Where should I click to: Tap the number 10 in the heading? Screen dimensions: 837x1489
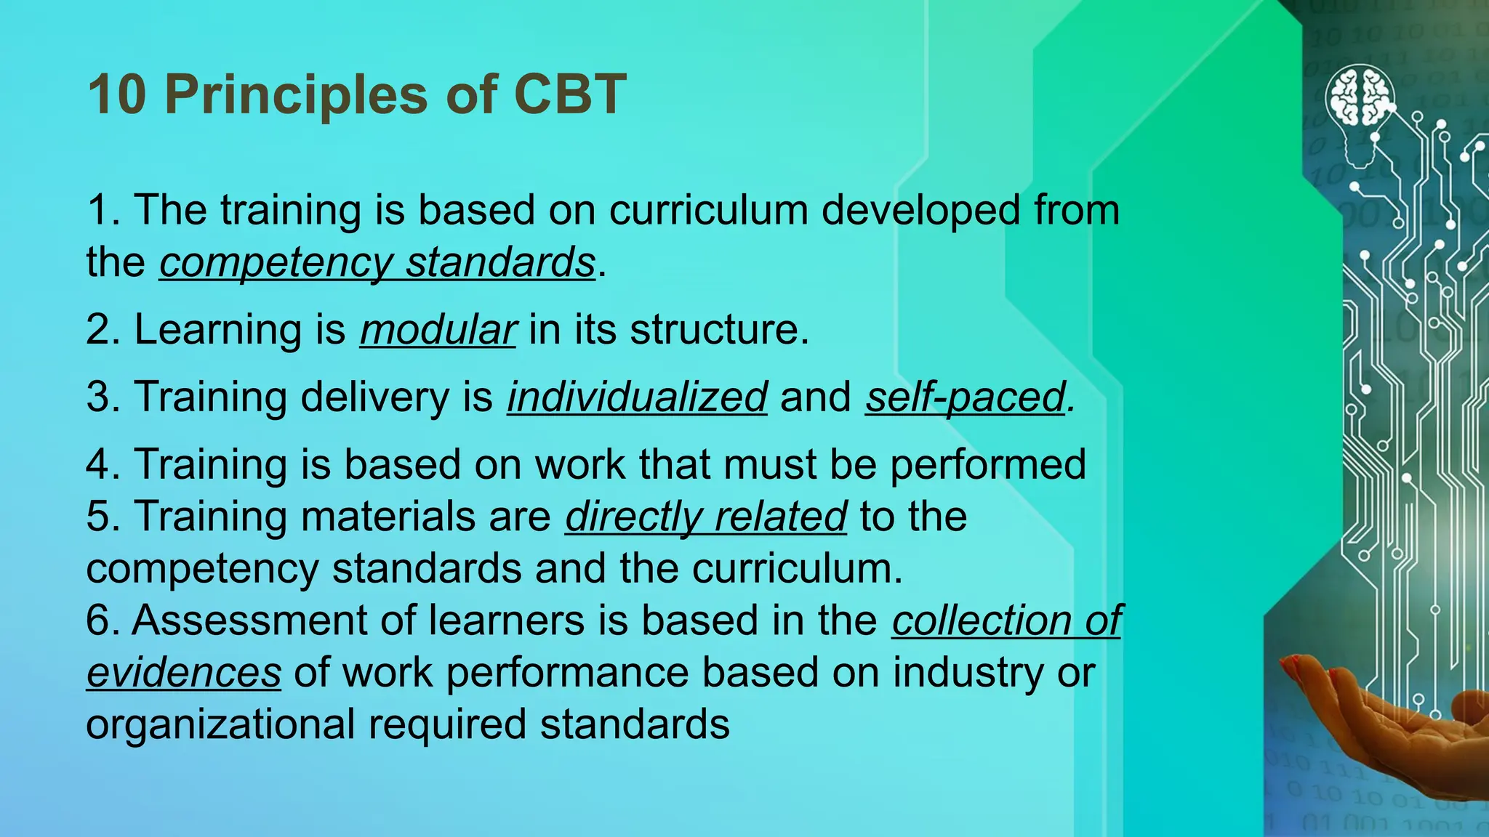pos(117,94)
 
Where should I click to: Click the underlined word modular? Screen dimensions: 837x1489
pos(438,330)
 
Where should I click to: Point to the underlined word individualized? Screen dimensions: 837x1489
pos(637,397)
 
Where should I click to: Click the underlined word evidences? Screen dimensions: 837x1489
pos(183,673)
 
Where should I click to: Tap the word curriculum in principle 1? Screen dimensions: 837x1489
pos(708,210)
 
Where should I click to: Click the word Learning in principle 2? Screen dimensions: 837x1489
pos(217,330)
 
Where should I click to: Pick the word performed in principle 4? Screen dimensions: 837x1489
pos(988,464)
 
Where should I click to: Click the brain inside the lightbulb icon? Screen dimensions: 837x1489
pos(1360,97)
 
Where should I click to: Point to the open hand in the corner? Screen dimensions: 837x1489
pos(1381,719)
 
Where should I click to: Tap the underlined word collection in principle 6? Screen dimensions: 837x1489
pos(981,620)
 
